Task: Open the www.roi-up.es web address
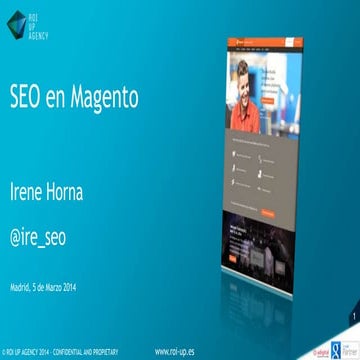click(x=176, y=352)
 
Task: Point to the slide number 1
click(x=353, y=317)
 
